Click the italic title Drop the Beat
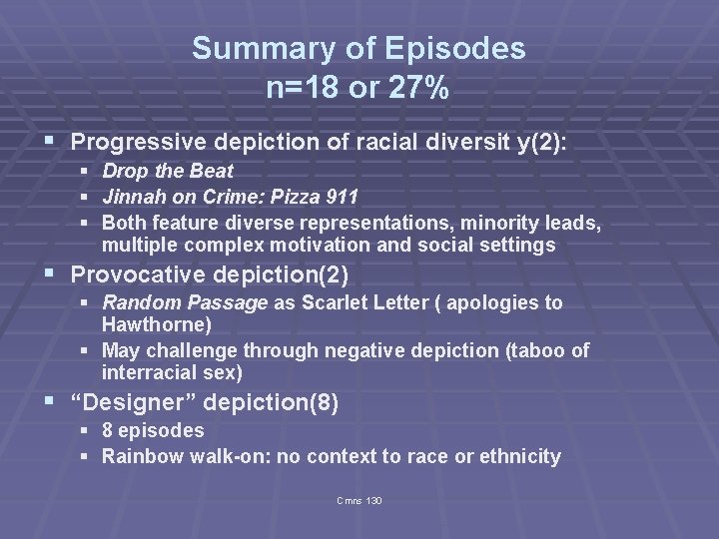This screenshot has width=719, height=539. coord(167,172)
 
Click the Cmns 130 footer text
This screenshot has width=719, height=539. coord(359,500)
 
